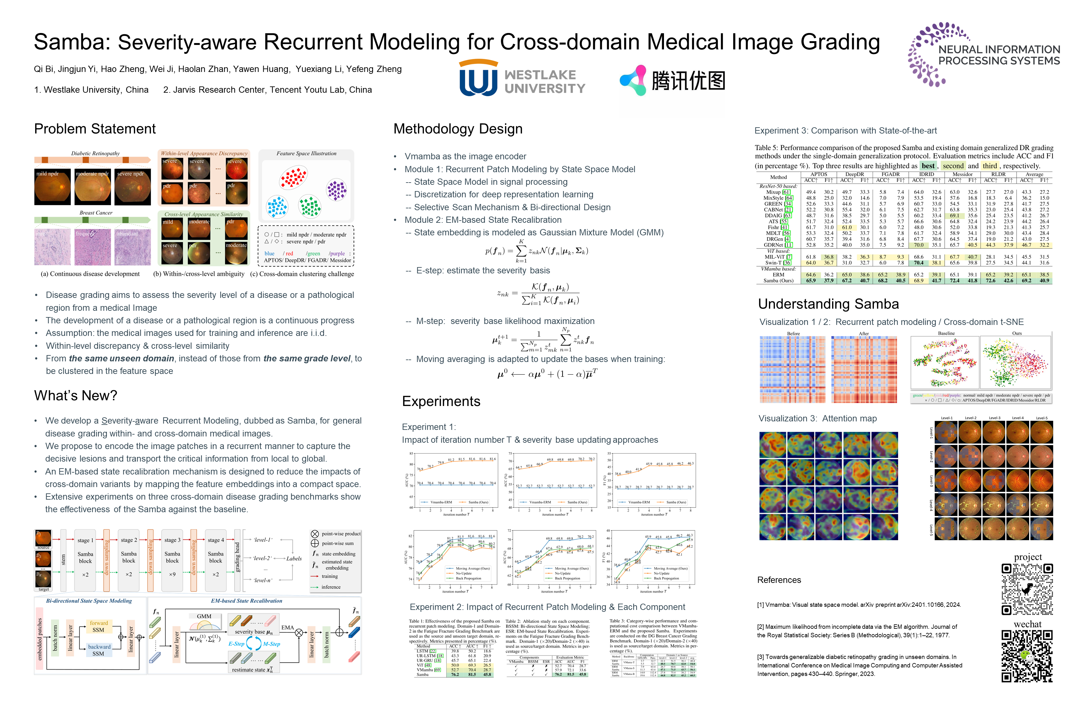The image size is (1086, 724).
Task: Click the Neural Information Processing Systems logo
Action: pos(984,54)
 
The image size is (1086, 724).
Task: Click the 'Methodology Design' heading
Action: pos(458,129)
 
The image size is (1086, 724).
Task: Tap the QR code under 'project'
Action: pos(1027,589)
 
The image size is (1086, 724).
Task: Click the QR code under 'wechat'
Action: pos(1027,656)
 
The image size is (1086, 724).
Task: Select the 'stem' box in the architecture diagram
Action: pos(63,560)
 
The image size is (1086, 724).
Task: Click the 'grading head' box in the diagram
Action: pos(237,560)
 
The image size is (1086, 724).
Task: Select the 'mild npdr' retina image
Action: pos(52,187)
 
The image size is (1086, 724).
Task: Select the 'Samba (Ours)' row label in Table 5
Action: pos(778,281)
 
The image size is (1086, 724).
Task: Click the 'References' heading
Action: pos(779,580)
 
